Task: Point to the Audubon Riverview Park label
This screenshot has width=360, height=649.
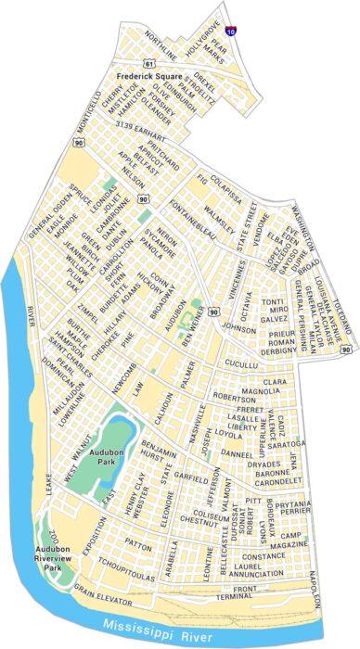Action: (58, 555)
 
